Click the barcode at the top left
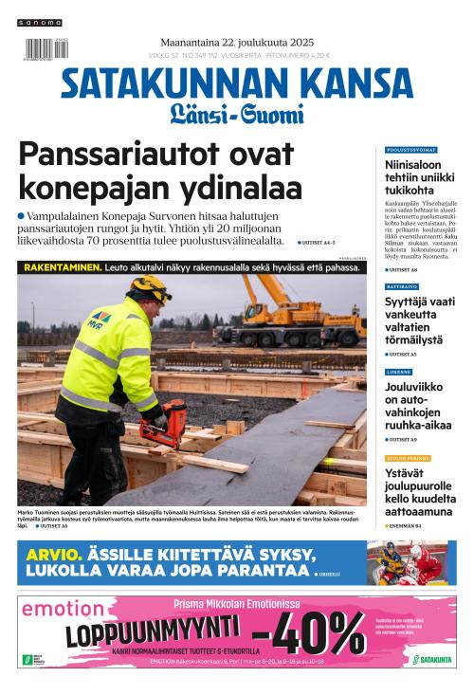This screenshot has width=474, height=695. coord(41,49)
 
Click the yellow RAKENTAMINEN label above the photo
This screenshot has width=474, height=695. coord(62,268)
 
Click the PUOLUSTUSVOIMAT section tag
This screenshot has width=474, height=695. coord(410,151)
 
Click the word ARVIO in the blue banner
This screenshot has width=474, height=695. coord(51,555)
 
